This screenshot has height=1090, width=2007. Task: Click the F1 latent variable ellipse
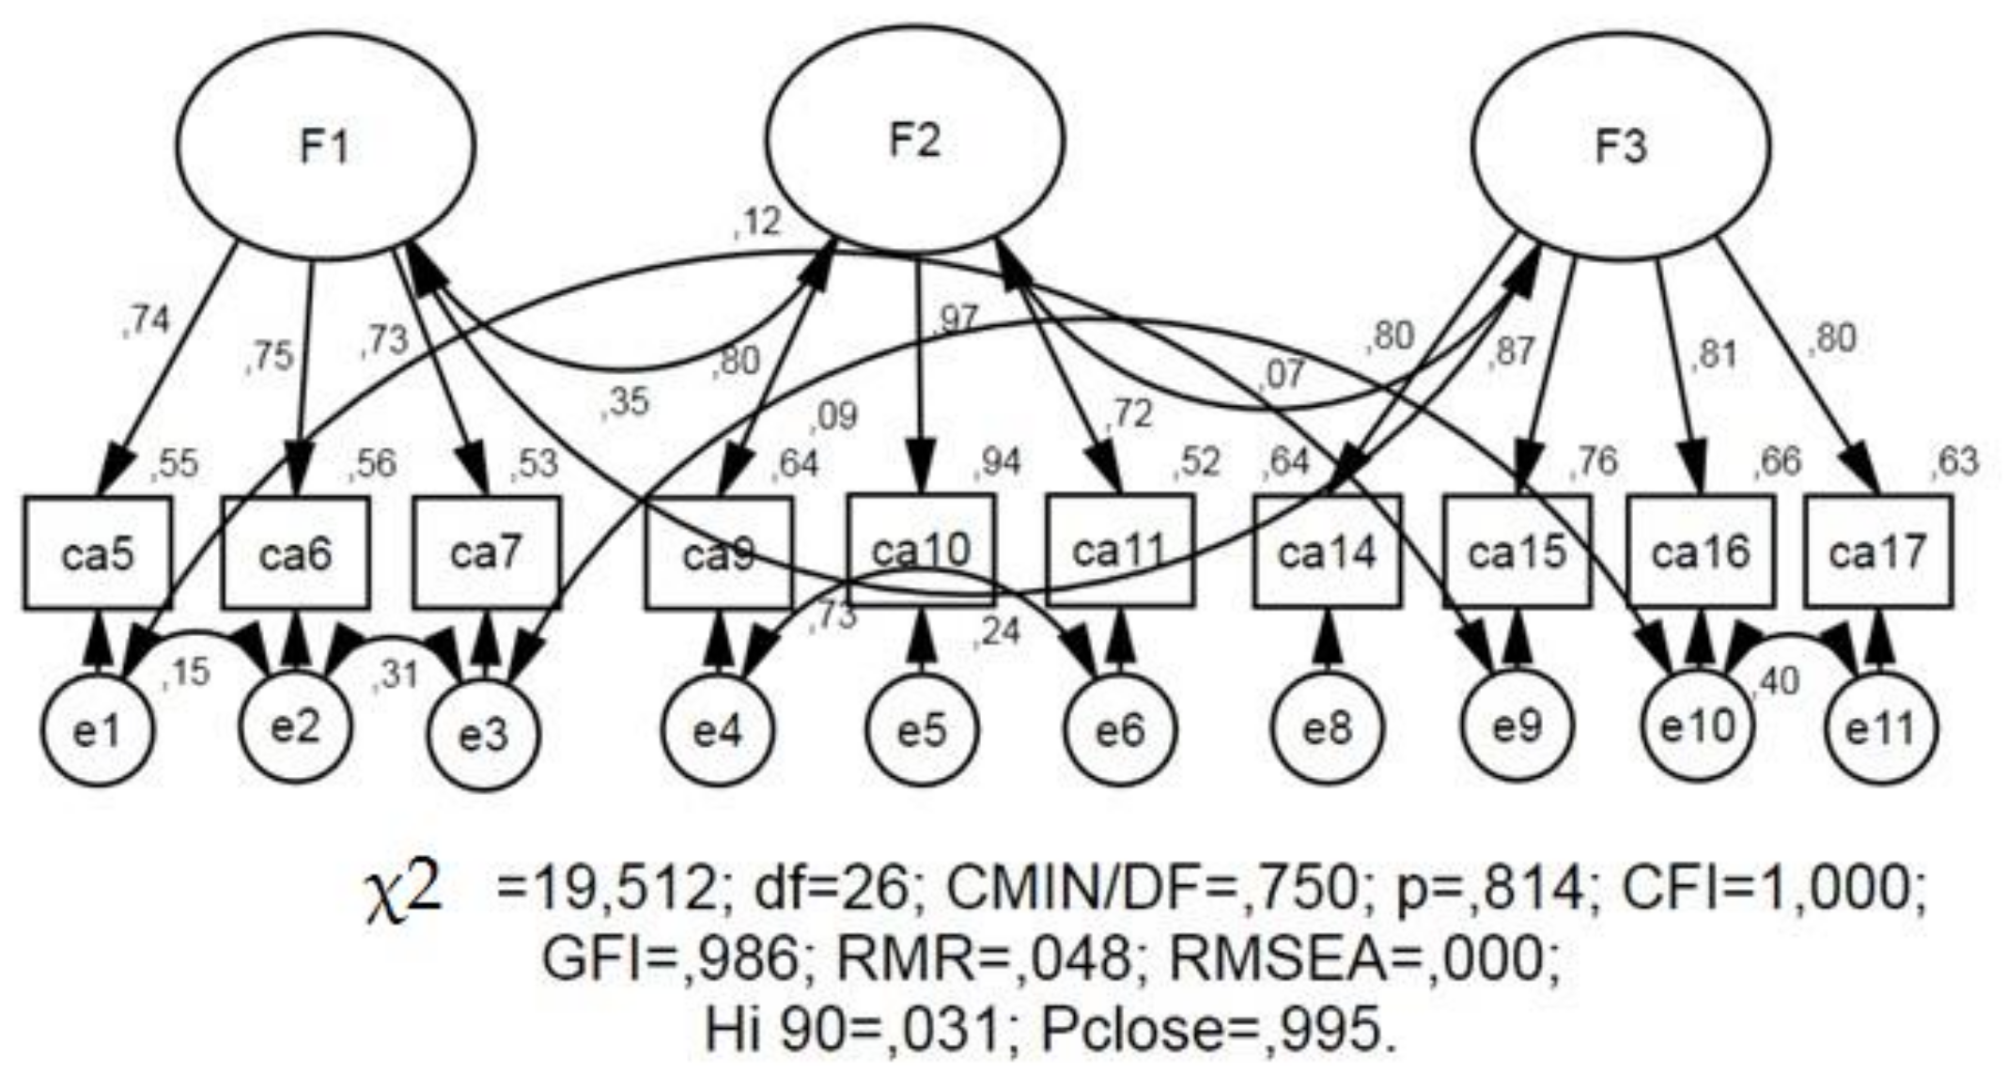(324, 147)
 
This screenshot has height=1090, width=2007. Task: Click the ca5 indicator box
(98, 553)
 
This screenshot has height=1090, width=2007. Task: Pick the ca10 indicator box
(921, 550)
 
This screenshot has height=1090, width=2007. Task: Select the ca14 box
(1327, 553)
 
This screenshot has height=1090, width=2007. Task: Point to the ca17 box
(1877, 552)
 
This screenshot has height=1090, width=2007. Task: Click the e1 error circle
(97, 731)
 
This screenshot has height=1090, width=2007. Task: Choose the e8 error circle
(1327, 729)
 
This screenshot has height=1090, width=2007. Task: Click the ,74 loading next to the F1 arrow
(147, 321)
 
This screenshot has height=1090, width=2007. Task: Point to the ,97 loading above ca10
(957, 319)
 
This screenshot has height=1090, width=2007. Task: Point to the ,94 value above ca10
(1001, 462)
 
